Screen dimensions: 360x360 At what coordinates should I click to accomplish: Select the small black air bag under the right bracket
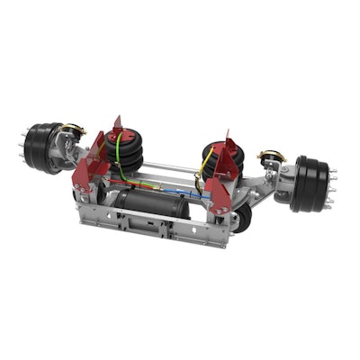[240, 217]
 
